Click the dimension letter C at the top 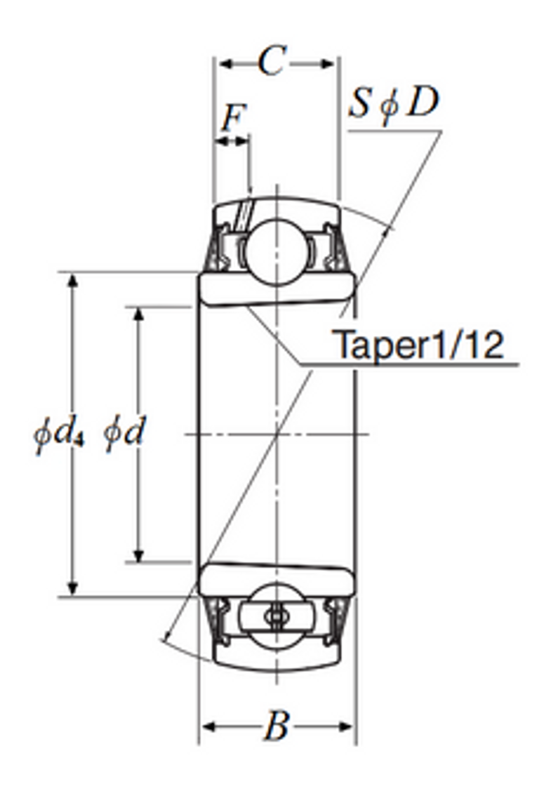point(271,61)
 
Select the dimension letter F point(233,118)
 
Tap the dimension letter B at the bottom point(276,727)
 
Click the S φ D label point(394,103)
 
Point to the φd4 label point(58,435)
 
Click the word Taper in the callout point(374,346)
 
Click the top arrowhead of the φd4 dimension point(73,279)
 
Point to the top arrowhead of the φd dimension point(139,313)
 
